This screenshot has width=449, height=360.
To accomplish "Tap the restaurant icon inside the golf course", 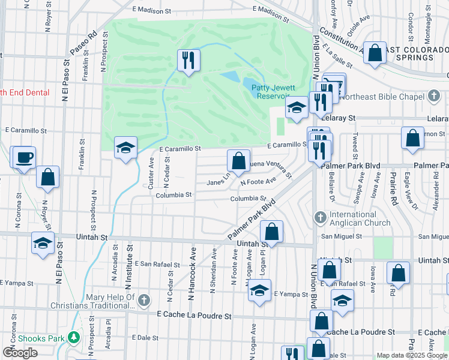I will point(188,60).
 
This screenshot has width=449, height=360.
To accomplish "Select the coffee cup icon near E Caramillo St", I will point(25,158).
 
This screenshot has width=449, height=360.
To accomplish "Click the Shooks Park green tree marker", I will point(74,338).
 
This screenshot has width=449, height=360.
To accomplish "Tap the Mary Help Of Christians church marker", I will point(143,299).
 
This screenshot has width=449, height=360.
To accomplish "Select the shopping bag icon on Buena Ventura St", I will point(238,161).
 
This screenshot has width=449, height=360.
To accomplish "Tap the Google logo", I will point(20,353).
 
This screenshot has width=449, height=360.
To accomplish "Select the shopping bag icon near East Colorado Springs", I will point(375,53).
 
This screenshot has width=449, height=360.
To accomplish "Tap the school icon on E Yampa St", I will point(259,290).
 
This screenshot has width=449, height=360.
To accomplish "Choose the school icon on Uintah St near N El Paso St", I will point(43,243).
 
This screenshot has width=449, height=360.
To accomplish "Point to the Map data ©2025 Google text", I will point(411,355).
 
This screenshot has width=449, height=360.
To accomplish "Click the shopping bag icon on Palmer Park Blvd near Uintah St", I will point(271,232).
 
